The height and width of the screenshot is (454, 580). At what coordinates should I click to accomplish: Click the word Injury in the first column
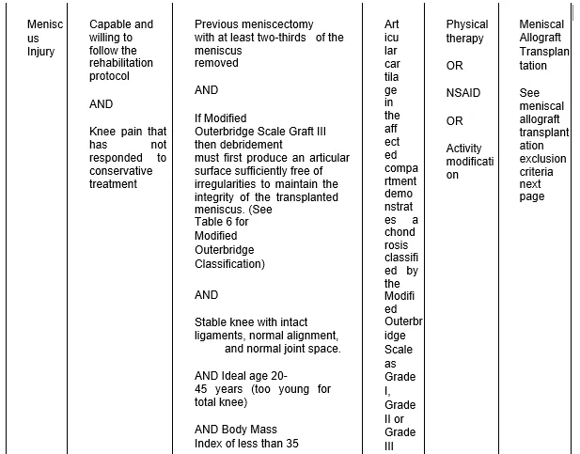point(41,52)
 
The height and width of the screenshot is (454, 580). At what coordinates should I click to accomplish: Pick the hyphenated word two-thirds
point(288,38)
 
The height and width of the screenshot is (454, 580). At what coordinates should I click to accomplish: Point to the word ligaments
point(221,336)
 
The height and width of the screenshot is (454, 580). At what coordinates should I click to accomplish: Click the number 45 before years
point(201,389)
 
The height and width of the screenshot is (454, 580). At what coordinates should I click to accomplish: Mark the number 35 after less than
point(290,444)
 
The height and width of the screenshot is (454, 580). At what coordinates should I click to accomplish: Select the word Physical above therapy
point(467,24)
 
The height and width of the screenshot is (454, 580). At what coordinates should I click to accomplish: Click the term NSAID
point(462,93)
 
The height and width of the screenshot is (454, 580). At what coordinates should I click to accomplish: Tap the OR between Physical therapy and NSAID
point(455,66)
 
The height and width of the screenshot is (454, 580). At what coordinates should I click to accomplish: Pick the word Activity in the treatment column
point(463,148)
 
